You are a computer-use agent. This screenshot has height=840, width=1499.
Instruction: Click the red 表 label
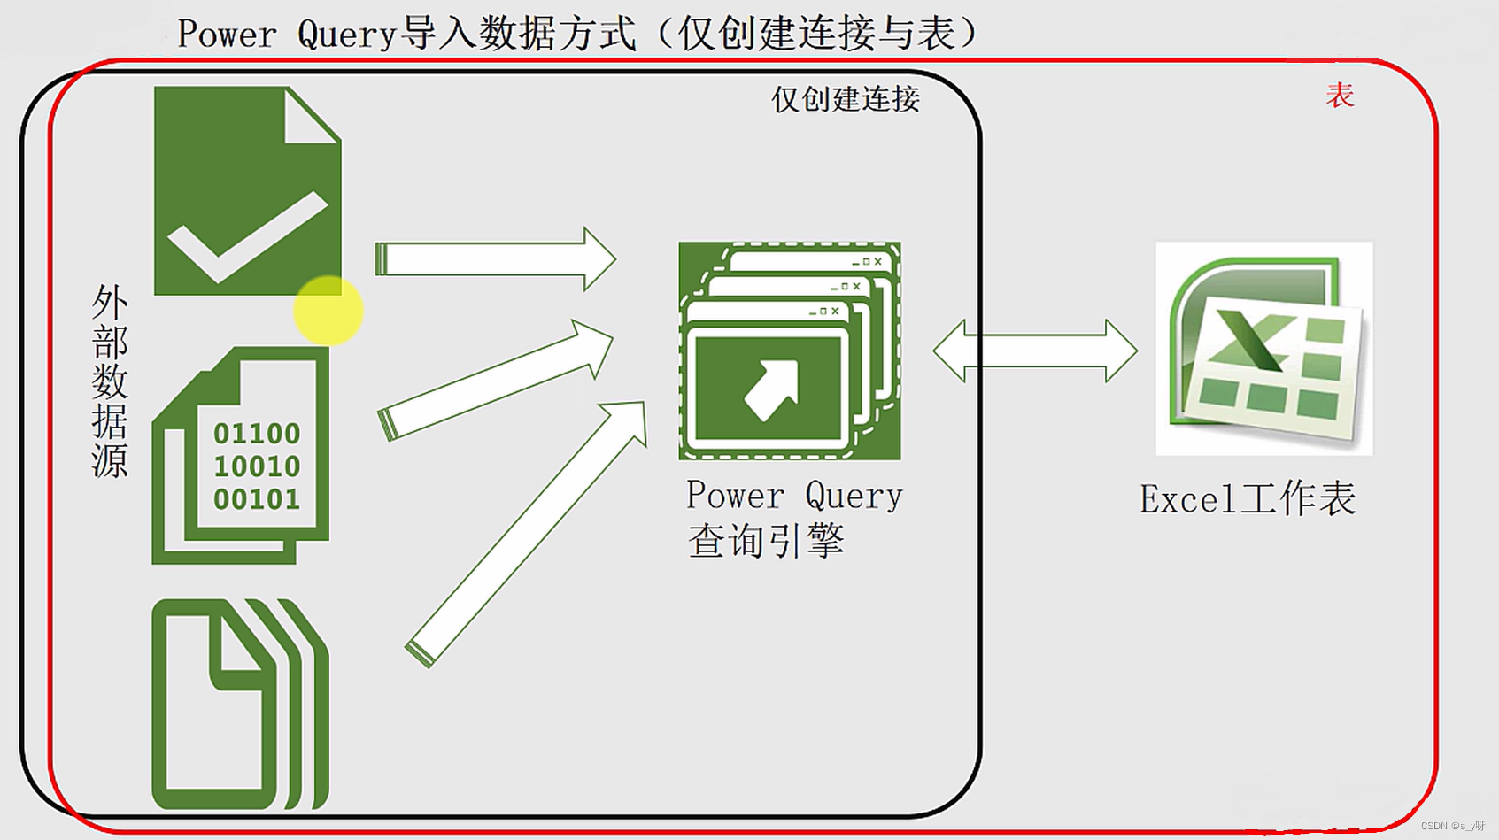[x=1340, y=96]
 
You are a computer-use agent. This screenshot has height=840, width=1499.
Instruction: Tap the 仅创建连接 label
[x=846, y=99]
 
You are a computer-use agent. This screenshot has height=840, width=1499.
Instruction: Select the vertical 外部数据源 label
[x=110, y=381]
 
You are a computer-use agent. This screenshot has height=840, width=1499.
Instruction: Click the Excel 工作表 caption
[x=1248, y=499]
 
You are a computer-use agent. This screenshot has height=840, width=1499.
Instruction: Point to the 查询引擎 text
[x=766, y=541]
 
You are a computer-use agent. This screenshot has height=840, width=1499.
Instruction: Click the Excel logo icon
[x=1263, y=349]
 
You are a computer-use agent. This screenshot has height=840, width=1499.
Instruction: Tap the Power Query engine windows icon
[x=790, y=351]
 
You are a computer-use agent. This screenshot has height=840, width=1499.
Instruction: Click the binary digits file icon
[x=241, y=455]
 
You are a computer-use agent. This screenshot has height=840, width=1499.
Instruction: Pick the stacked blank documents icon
[x=240, y=704]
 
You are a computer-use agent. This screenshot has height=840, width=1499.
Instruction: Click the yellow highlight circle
[x=328, y=311]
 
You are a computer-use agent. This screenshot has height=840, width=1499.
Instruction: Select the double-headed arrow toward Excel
[x=1035, y=351]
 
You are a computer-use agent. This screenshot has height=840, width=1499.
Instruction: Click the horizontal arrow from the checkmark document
[x=494, y=259]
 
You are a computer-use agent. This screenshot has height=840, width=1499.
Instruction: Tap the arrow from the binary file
[x=496, y=380]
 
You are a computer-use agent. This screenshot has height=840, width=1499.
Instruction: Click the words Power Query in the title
[x=286, y=35]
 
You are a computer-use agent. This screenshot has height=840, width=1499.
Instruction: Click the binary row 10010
[x=257, y=466]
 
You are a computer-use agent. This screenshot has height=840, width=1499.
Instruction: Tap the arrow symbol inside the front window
[x=771, y=389]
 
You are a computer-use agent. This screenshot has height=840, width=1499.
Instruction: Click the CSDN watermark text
[x=1453, y=826]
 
